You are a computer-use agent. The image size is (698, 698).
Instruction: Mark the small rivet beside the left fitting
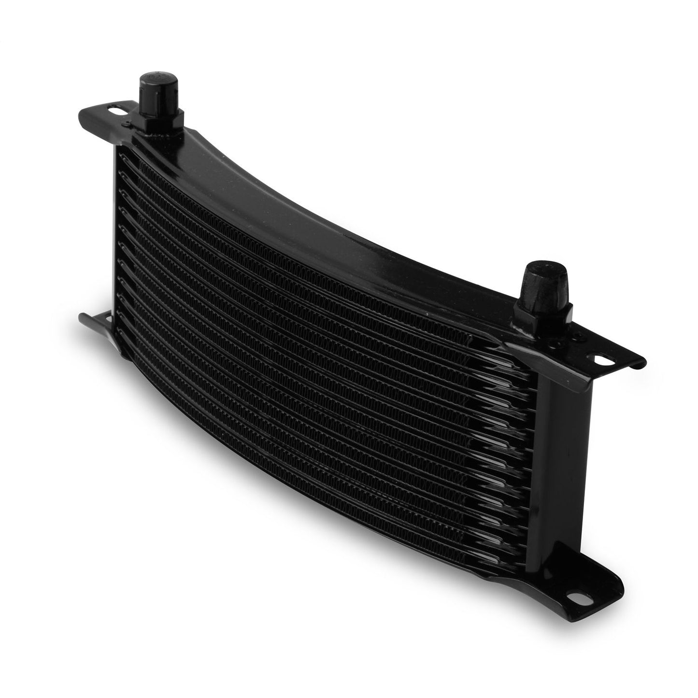[x=127, y=124]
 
